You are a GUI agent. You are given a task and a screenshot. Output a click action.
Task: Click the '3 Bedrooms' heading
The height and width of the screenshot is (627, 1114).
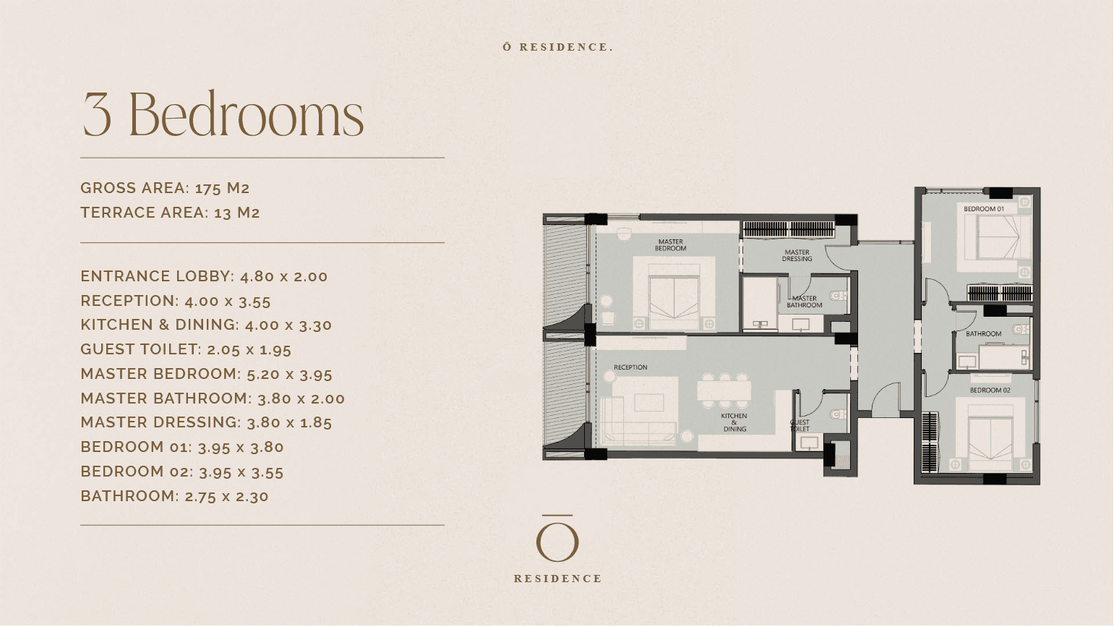point(223,114)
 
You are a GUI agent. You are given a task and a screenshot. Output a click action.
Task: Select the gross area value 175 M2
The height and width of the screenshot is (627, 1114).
point(223,188)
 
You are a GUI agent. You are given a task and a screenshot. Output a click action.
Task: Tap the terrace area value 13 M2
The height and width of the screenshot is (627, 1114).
point(236,213)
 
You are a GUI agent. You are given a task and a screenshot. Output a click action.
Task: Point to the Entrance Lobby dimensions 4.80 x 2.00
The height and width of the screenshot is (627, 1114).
point(284,277)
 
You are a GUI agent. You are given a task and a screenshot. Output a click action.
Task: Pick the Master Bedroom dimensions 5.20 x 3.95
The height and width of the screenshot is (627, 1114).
point(289,374)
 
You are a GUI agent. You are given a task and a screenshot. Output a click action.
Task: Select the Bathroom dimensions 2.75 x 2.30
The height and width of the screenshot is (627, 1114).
point(226,497)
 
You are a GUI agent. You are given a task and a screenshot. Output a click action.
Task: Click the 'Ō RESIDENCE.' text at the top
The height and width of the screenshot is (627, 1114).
point(558,47)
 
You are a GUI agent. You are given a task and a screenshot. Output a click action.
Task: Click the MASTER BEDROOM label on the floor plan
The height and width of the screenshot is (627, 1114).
point(670,245)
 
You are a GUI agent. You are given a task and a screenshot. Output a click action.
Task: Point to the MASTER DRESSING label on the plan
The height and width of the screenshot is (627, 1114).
point(797,256)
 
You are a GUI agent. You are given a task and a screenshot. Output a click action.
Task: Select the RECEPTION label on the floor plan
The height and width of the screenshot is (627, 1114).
point(630,368)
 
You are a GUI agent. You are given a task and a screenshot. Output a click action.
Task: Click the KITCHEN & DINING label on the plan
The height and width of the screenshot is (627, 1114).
point(734,422)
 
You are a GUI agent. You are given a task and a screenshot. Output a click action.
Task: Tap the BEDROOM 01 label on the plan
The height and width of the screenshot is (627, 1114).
point(984,209)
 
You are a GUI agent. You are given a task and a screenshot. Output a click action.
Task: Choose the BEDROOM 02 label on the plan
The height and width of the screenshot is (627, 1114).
point(990,391)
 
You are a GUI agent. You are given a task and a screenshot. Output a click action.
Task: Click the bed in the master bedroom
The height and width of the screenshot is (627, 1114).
point(674,297)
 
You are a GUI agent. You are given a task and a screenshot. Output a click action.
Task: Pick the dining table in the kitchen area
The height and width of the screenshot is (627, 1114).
point(724,391)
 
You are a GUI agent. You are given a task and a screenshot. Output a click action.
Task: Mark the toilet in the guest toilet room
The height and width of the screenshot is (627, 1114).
point(839,414)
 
